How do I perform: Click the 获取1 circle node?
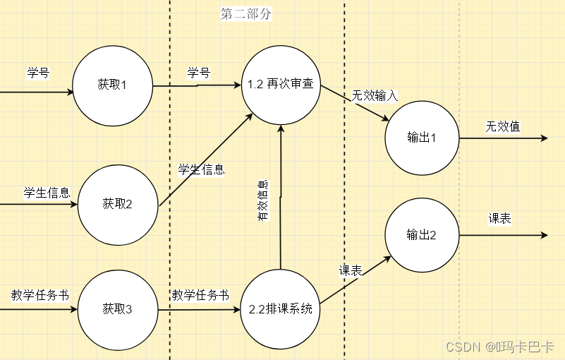[113, 85]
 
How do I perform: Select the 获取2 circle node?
[117, 204]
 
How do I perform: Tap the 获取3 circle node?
[117, 308]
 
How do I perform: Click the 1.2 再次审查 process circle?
[280, 85]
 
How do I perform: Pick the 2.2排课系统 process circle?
[280, 308]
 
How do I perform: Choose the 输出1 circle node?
[422, 138]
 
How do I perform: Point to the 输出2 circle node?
[422, 235]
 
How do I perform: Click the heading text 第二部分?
[245, 14]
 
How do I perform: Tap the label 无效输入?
[375, 96]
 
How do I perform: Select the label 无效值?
[502, 127]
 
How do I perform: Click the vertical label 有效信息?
[262, 202]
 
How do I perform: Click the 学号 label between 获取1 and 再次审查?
[198, 73]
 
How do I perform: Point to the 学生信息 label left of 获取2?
[47, 193]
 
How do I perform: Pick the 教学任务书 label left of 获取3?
[40, 295]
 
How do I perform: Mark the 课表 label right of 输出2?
[499, 219]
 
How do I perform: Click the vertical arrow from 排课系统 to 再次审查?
[281, 198]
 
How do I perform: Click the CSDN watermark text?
[501, 347]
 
